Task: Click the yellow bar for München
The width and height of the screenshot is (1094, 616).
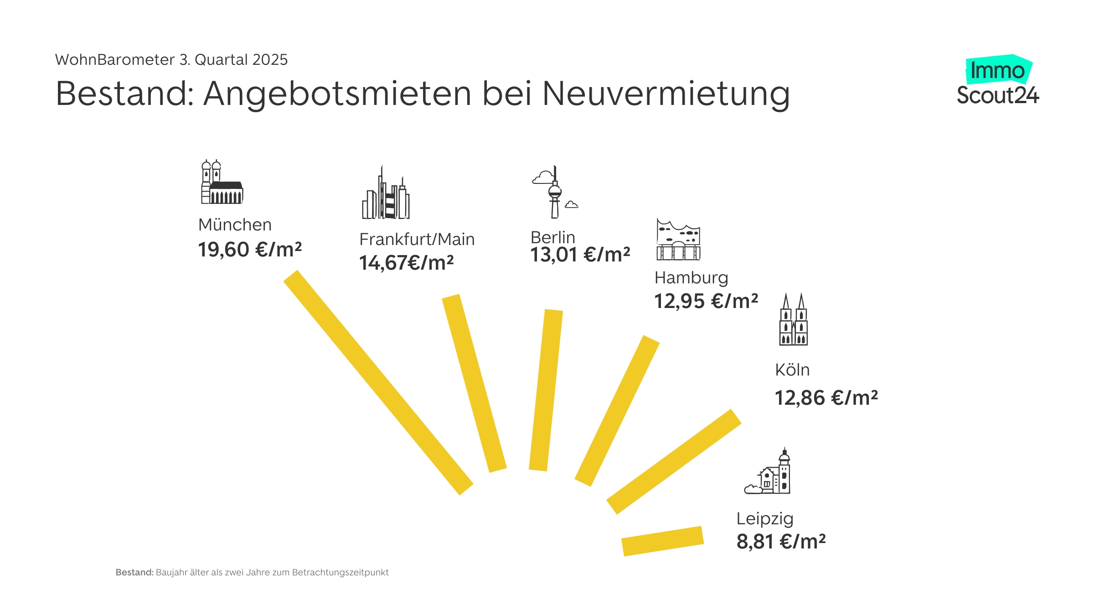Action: (378, 382)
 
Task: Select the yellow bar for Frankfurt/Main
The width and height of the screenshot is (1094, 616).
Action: (474, 383)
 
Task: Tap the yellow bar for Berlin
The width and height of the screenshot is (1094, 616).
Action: (546, 390)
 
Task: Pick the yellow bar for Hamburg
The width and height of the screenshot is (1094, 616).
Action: (617, 411)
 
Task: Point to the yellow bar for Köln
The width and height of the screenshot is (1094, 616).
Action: (674, 462)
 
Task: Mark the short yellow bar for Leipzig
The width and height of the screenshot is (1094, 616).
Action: (663, 541)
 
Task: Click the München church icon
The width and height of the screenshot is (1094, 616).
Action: (222, 183)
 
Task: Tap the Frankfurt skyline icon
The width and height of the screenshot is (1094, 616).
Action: (386, 194)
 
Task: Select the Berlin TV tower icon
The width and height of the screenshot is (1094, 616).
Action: (555, 193)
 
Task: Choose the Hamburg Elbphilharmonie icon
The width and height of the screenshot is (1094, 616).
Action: (678, 240)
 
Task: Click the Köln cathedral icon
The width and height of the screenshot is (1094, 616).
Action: (793, 320)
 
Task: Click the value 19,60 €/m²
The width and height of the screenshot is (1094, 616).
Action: (250, 250)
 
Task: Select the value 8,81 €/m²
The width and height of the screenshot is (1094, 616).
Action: (781, 542)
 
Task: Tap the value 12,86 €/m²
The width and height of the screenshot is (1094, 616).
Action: (826, 398)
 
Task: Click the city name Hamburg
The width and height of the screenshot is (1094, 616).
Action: (691, 278)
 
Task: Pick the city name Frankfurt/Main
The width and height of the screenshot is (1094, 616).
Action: (417, 240)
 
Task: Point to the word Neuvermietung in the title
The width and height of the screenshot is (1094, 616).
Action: (666, 94)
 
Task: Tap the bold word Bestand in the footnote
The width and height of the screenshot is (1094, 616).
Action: (134, 573)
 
